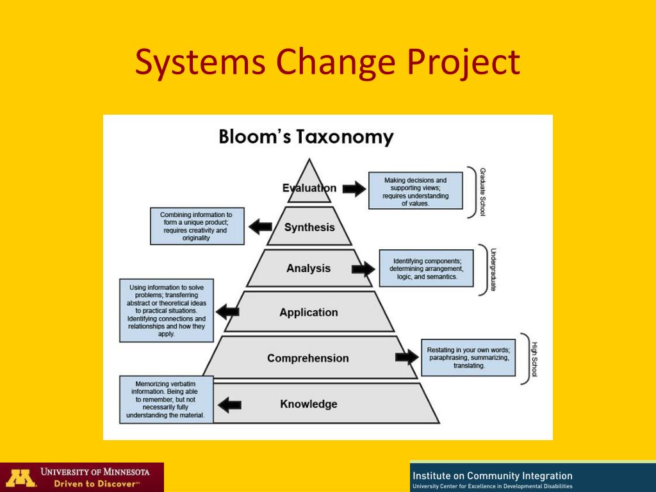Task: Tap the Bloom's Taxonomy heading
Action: click(306, 136)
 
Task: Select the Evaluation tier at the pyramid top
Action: click(309, 188)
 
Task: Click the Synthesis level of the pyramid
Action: click(309, 227)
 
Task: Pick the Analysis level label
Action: click(309, 268)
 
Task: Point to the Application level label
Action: click(309, 313)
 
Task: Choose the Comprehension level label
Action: click(308, 358)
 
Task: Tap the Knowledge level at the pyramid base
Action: click(308, 404)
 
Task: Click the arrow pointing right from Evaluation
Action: click(353, 188)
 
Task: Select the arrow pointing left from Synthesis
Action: click(260, 227)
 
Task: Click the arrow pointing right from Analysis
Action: click(363, 269)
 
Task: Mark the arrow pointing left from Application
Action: click(227, 312)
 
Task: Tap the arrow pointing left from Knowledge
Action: click(230, 404)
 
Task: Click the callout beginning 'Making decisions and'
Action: click(415, 190)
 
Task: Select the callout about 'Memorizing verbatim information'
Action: click(166, 399)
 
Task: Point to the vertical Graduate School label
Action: click(482, 192)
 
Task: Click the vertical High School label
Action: click(534, 359)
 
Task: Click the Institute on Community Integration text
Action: click(493, 475)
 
